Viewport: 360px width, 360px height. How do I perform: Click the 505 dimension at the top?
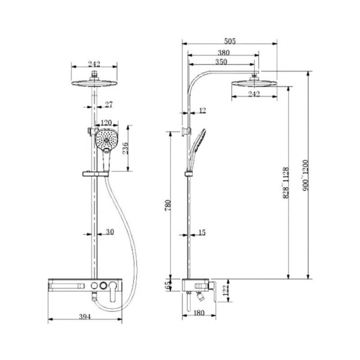(x=230, y=41)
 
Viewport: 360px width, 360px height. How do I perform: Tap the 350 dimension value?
(x=221, y=62)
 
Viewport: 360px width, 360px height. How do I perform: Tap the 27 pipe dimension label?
(x=108, y=105)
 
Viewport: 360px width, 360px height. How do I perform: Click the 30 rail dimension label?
(x=109, y=232)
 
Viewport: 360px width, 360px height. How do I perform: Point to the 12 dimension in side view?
(x=202, y=110)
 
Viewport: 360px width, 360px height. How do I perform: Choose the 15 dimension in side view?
(x=202, y=232)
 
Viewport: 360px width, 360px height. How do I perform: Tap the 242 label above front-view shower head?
(x=94, y=64)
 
